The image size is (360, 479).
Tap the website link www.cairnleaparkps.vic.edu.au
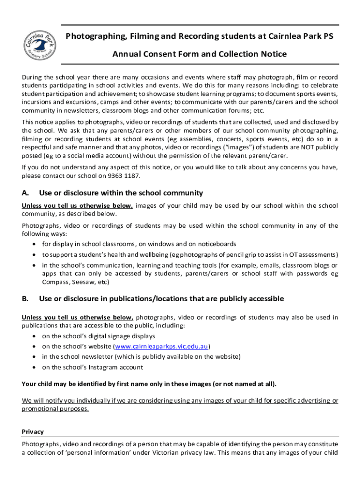pos(162,347)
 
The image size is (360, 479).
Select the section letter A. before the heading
pos(26,193)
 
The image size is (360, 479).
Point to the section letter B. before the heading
pos(26,298)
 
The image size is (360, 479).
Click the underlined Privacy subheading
pos(33,432)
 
